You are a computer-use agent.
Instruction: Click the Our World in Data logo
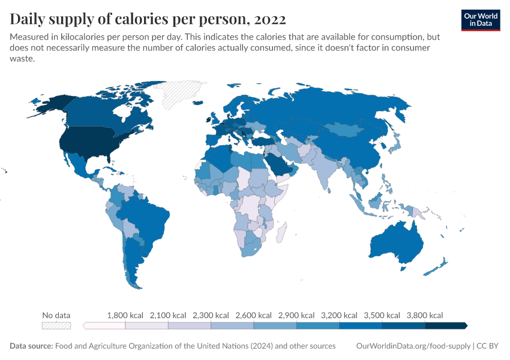click(x=481, y=20)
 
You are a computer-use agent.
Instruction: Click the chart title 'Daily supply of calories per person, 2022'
click(x=148, y=19)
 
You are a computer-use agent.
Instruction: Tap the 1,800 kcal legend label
click(x=125, y=315)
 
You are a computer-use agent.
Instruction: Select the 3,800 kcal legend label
click(x=425, y=315)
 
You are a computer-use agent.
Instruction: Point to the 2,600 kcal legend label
click(x=254, y=315)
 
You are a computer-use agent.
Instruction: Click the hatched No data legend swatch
click(x=56, y=326)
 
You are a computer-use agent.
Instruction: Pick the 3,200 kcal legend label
click(x=340, y=315)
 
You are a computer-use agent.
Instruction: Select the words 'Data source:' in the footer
click(x=31, y=346)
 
